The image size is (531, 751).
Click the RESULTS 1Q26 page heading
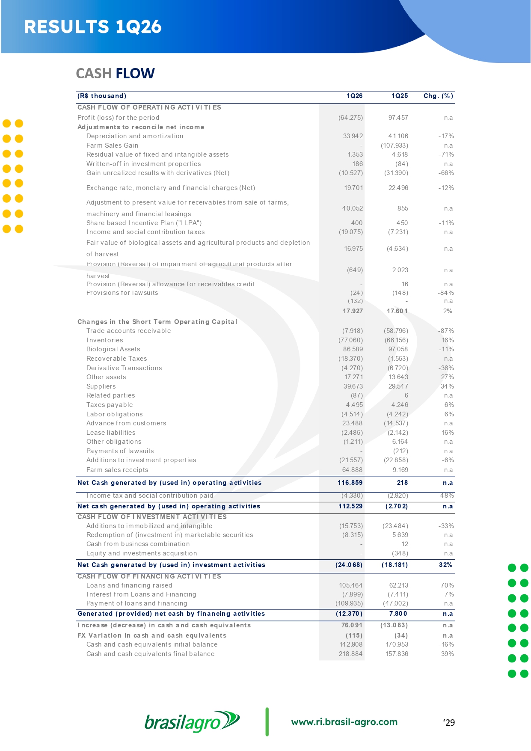[x=93, y=27]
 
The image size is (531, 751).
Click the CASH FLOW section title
[x=115, y=74]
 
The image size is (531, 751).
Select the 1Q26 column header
[x=354, y=96]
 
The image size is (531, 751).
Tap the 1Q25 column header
[x=400, y=96]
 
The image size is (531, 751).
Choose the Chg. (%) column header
[x=438, y=96]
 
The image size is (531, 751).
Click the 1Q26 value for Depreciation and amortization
[x=353, y=136]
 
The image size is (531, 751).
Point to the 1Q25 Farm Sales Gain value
[x=395, y=145]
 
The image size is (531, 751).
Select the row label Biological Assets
[x=113, y=349]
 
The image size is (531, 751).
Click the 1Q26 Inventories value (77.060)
[x=350, y=340]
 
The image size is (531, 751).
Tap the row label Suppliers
[x=101, y=386]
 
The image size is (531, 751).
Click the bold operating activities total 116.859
[x=350, y=483]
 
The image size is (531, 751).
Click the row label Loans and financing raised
[x=129, y=585]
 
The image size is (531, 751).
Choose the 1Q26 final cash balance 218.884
[x=351, y=654]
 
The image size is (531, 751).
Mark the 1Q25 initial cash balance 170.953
[x=397, y=644]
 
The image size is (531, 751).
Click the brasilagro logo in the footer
[x=192, y=722]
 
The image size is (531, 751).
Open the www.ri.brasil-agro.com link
[x=344, y=722]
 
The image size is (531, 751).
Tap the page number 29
[x=449, y=723]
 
